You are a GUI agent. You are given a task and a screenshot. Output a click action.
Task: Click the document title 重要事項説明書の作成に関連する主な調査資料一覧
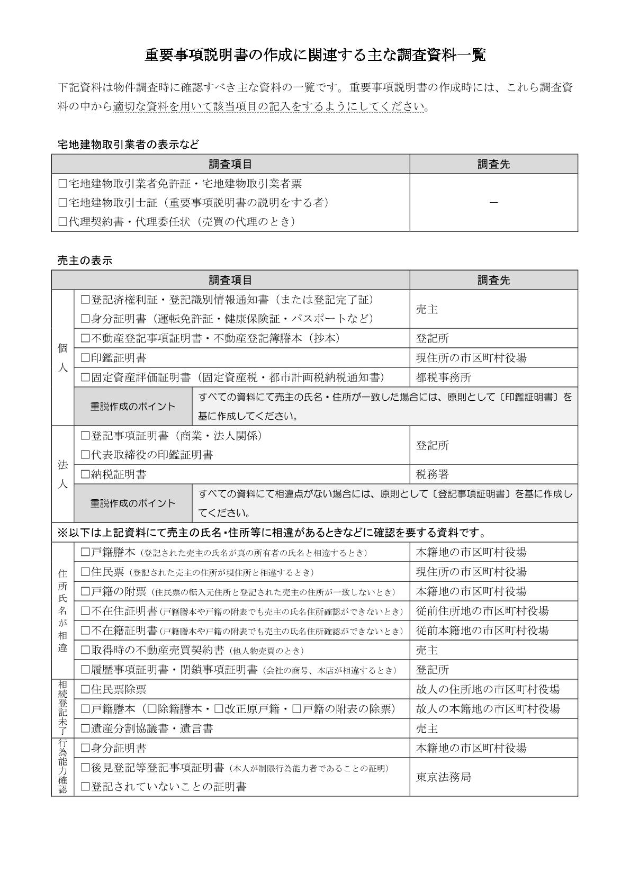tap(315, 55)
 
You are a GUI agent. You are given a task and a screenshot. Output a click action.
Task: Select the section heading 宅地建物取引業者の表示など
tap(128, 144)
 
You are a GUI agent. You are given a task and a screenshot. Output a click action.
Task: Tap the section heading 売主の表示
tap(85, 260)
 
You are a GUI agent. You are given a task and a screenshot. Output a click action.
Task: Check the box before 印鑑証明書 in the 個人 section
tap(85, 358)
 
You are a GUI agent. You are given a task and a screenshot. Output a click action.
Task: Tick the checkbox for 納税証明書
tap(85, 474)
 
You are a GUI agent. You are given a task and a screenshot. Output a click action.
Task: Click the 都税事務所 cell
tap(444, 377)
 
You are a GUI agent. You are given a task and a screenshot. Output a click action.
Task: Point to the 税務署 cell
tap(433, 474)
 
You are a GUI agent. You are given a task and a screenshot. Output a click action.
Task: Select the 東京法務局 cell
tap(444, 777)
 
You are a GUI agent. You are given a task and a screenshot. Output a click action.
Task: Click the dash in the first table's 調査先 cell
tap(493, 202)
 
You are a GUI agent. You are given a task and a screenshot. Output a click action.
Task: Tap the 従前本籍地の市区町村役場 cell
tap(482, 631)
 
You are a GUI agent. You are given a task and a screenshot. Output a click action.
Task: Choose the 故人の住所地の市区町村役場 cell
tap(488, 689)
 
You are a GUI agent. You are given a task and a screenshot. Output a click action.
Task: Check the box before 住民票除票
tap(85, 689)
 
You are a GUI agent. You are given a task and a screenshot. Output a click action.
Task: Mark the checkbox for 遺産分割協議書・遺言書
tap(85, 729)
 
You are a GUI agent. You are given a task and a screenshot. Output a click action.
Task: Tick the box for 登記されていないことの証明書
tap(85, 787)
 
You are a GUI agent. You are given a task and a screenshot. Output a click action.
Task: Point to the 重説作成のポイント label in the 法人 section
tap(132, 503)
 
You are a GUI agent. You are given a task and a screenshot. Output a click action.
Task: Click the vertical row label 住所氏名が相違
tap(62, 610)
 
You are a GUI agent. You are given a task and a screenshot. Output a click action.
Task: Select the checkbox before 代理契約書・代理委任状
tap(62, 222)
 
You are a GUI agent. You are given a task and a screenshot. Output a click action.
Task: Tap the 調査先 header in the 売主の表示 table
tap(493, 280)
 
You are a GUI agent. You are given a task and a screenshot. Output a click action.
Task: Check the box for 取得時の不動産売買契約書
tap(85, 650)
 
